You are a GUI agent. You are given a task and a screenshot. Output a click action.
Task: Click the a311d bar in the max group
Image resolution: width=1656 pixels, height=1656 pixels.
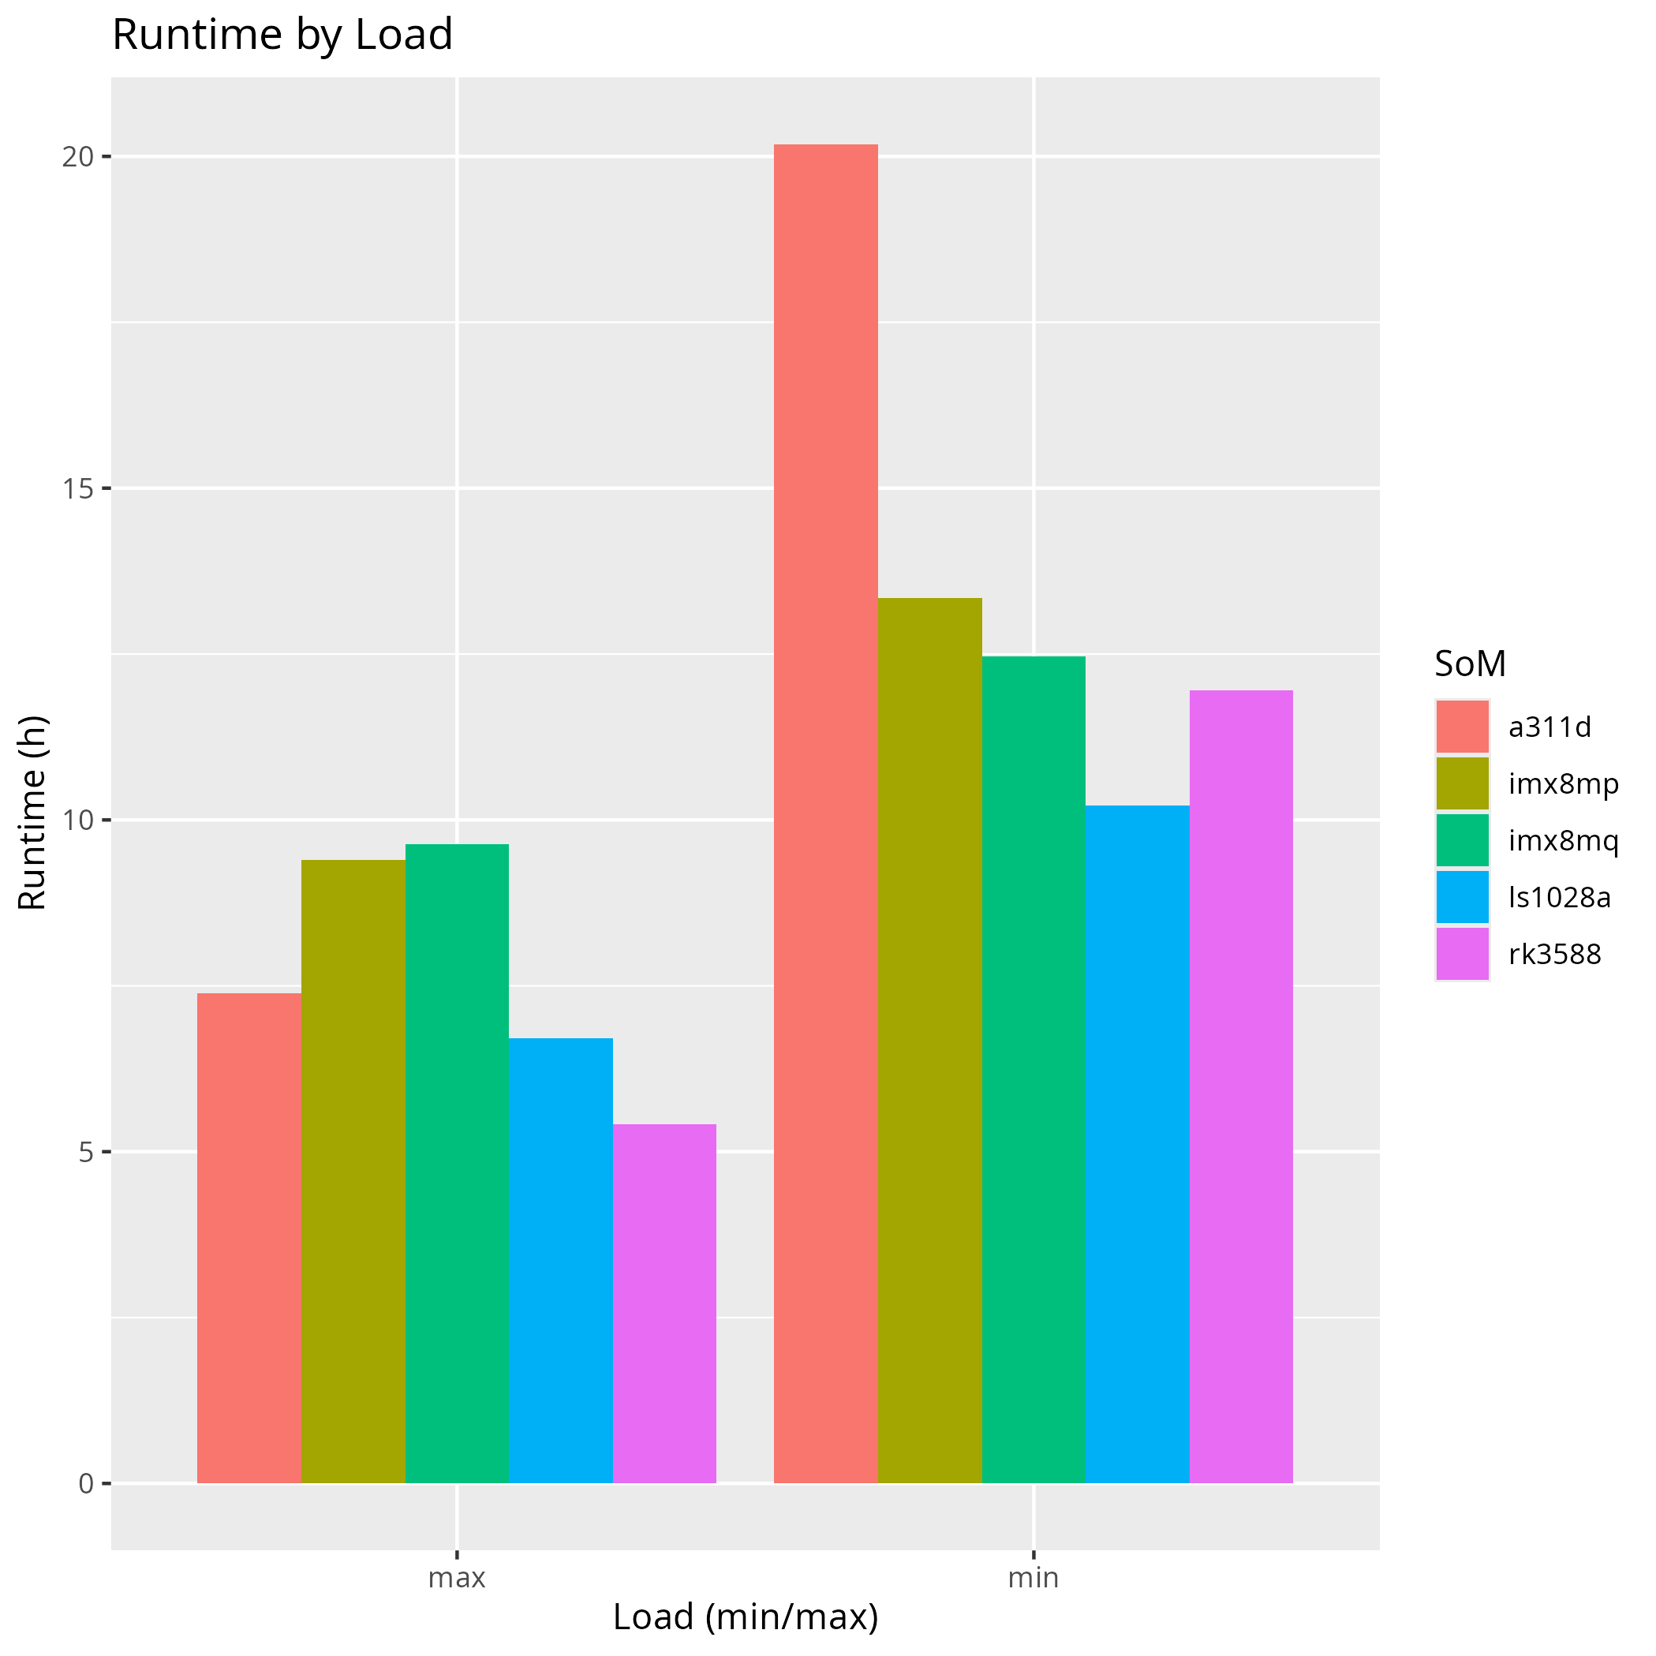tap(249, 1238)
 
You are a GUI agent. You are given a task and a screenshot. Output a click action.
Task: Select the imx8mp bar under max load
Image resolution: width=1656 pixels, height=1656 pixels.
tap(353, 1171)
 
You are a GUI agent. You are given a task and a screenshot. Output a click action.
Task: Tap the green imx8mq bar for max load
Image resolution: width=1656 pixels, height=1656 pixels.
tap(457, 1163)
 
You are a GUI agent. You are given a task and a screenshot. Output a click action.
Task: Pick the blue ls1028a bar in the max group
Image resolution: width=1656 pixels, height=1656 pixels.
tap(561, 1260)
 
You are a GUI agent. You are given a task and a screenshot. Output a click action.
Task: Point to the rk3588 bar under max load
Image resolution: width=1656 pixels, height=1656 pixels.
tap(664, 1303)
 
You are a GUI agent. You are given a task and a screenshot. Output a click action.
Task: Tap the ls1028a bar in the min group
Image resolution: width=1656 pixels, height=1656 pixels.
tap(1138, 1143)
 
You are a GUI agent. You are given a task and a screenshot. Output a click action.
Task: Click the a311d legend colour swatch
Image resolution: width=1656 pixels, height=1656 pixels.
tap(1462, 727)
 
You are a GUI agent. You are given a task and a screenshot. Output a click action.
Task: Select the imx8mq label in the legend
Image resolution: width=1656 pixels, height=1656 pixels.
tap(1564, 841)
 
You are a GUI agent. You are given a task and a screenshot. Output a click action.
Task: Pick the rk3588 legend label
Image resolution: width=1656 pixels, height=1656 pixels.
tap(1555, 954)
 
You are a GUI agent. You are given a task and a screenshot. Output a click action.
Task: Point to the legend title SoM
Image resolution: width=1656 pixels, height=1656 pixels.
tap(1470, 664)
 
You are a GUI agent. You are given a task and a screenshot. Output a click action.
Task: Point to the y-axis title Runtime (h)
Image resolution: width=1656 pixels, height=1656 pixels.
tap(32, 813)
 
